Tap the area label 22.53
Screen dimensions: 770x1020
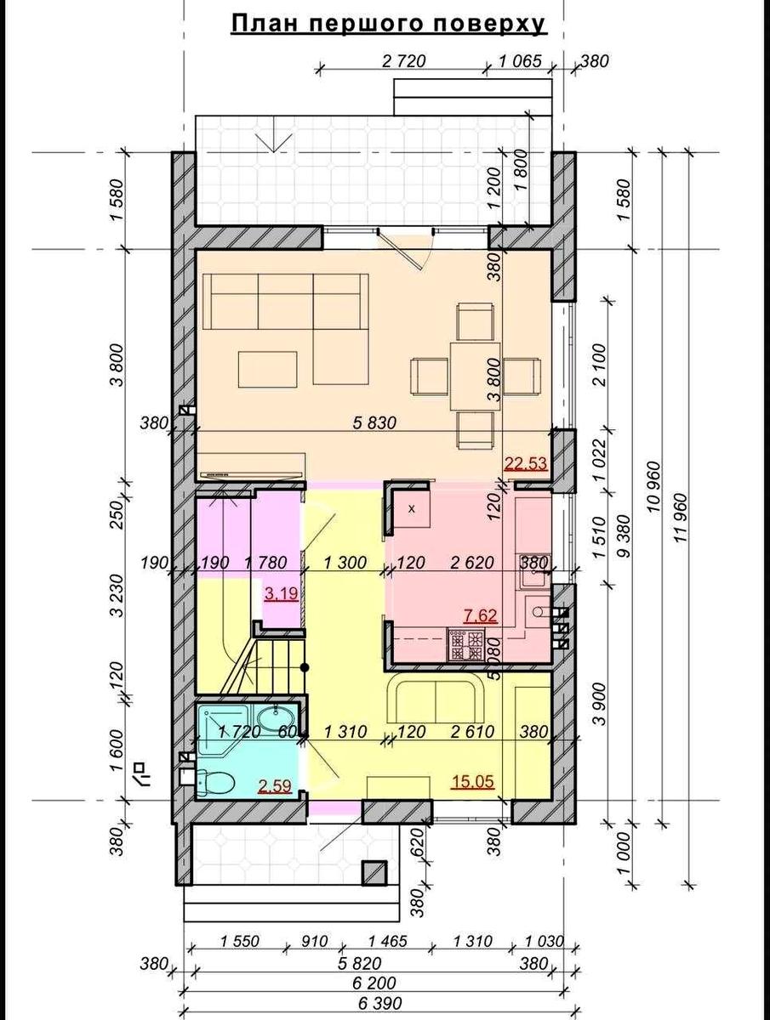click(x=526, y=463)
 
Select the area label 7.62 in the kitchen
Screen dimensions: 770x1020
click(x=481, y=615)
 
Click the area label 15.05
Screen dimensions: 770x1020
click(x=472, y=782)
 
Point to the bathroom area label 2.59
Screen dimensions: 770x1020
click(x=276, y=785)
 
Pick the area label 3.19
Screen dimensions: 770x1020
click(x=282, y=593)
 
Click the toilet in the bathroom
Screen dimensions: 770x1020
click(x=214, y=782)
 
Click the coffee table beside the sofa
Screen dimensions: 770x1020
click(x=268, y=370)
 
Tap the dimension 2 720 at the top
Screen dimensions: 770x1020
click(x=403, y=61)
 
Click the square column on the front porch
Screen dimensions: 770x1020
click(x=374, y=874)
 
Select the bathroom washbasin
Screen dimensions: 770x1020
click(x=276, y=720)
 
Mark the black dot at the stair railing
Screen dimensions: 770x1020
click(x=305, y=668)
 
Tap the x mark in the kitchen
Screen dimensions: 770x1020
click(x=412, y=509)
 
